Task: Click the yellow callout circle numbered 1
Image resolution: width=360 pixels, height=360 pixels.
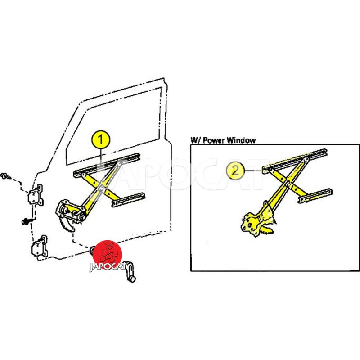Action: point(100,139)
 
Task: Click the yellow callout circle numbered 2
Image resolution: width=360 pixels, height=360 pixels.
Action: point(235,171)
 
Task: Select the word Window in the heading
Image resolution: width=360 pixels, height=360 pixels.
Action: point(241,140)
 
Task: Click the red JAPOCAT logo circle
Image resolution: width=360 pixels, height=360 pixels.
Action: point(108,254)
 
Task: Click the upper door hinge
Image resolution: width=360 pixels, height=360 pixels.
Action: point(36,195)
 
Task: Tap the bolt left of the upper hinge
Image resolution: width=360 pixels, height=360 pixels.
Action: point(5,176)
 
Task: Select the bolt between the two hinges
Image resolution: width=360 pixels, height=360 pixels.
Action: point(27,221)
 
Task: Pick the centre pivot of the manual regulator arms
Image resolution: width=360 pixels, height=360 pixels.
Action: point(101,189)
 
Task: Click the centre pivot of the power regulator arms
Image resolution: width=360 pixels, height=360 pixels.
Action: point(288,183)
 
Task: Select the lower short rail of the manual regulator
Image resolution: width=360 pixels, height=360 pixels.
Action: point(128,200)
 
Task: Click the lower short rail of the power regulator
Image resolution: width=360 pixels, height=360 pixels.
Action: point(315,196)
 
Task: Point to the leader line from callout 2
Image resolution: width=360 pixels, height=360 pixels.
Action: point(253,171)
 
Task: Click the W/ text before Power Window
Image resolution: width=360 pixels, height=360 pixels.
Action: point(196,140)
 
